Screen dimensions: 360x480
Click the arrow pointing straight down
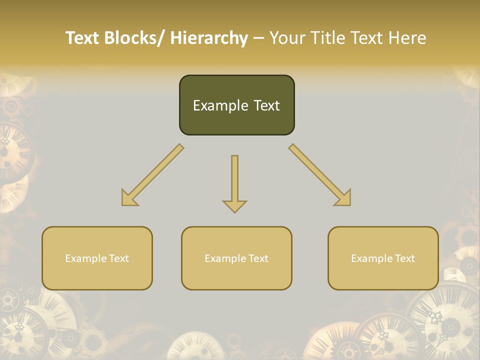[234, 182]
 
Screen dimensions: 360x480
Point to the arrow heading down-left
[152, 175]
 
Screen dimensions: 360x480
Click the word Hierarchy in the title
[209, 38]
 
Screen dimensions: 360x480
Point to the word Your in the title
[286, 38]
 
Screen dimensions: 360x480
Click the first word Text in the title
[83, 38]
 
